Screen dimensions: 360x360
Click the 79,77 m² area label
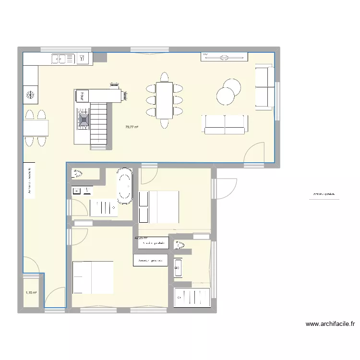132,127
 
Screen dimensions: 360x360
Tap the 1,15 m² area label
31,292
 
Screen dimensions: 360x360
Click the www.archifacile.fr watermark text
330,324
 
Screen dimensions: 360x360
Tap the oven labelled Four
82,96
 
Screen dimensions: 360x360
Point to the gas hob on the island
84,118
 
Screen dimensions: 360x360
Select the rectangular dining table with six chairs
164,100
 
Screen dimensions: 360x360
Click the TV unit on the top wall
225,57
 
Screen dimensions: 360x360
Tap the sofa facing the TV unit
225,124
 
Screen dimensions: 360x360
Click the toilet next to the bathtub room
78,173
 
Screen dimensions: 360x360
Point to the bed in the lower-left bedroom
93,277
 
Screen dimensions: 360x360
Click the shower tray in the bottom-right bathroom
192,298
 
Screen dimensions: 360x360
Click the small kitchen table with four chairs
36,128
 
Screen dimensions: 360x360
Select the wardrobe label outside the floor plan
323,195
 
